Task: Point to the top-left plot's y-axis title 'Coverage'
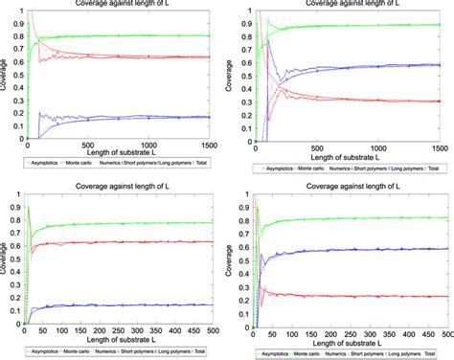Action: (5, 72)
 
